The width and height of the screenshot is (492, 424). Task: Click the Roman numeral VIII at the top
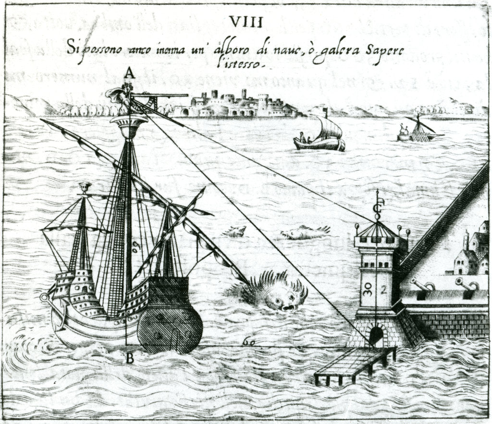246,22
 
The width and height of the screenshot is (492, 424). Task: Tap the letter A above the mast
129,73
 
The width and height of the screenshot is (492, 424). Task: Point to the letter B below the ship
129,358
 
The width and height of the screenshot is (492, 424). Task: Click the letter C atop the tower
377,207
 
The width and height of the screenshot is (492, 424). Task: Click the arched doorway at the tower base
376,335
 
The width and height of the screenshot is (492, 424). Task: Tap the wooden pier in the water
355,363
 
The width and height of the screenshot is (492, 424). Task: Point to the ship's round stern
170,327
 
